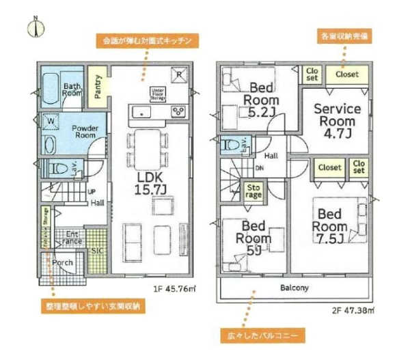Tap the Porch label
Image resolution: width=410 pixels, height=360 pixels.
[63, 262]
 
